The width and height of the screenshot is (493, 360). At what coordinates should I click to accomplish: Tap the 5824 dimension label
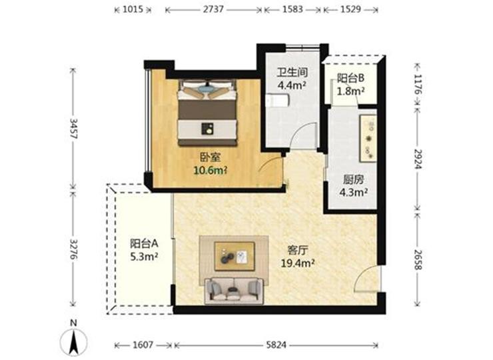[x=276, y=345]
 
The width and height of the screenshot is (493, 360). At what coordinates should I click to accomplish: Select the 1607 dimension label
[x=143, y=345]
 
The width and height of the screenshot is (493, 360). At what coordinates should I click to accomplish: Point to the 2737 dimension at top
[x=213, y=9]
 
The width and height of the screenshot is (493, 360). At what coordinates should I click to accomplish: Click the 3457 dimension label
[x=73, y=129]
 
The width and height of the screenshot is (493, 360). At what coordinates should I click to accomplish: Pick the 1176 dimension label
[x=417, y=85]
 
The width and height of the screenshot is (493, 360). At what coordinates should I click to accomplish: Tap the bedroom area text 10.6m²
[x=211, y=171]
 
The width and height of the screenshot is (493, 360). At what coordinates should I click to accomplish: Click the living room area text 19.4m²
[x=298, y=263]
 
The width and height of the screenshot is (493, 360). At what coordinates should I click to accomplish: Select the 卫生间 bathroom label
[x=292, y=73]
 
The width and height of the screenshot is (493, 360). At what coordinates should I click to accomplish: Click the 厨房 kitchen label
[x=353, y=180]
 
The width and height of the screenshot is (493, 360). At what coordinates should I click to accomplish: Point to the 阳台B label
[x=350, y=78]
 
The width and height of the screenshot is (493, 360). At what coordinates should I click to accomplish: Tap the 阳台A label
[x=144, y=243]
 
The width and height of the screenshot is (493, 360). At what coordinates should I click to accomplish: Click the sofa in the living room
[x=234, y=291]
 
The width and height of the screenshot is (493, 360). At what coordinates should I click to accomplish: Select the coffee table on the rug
[x=235, y=256]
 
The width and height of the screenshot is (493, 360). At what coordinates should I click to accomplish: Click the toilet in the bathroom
[x=277, y=101]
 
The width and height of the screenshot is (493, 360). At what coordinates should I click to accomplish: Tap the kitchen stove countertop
[x=368, y=138]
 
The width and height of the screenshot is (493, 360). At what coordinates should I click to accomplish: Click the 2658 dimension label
[x=417, y=259]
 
